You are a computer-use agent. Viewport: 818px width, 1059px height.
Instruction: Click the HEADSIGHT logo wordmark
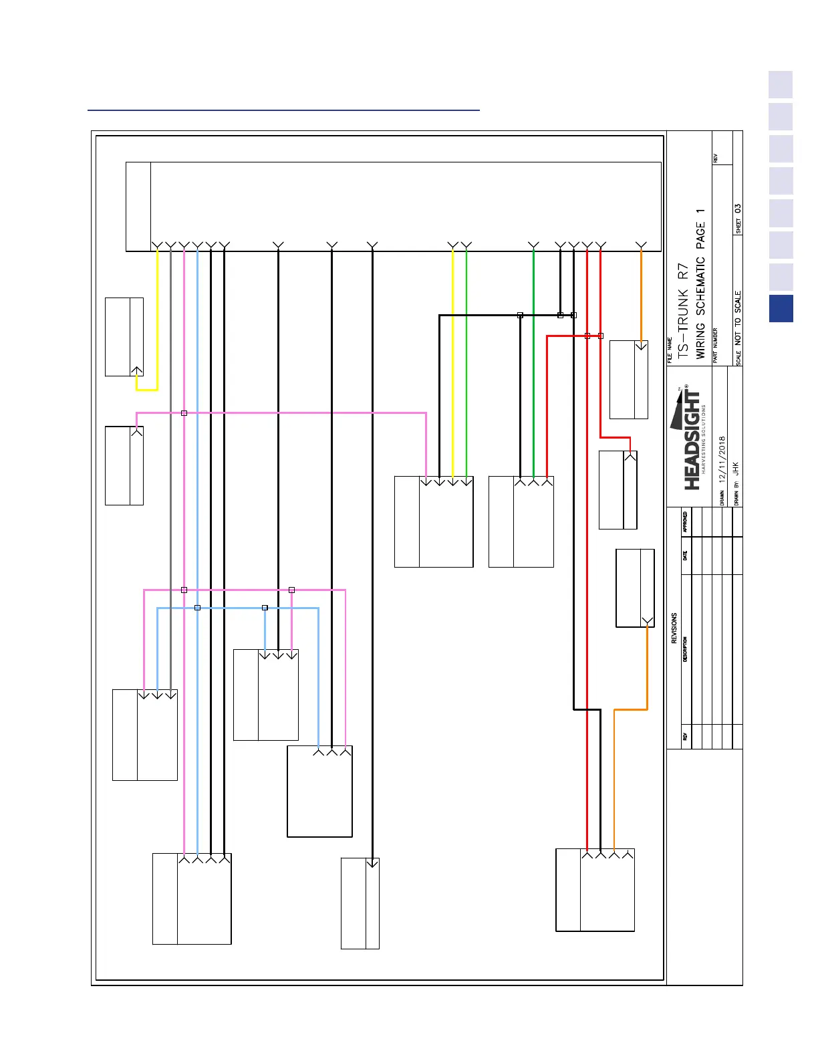pyautogui.click(x=692, y=441)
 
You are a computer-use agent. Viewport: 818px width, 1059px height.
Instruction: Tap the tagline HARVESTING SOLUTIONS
pyautogui.click(x=704, y=439)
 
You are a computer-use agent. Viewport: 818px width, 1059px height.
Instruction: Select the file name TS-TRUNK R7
pyautogui.click(x=682, y=312)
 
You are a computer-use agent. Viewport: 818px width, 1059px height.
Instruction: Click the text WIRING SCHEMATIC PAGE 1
pyautogui.click(x=700, y=283)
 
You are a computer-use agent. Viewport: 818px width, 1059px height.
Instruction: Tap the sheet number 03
pyautogui.click(x=738, y=209)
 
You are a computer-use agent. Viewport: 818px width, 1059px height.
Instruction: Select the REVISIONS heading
pyautogui.click(x=674, y=628)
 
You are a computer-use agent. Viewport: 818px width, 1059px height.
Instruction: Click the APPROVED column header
pyautogui.click(x=685, y=522)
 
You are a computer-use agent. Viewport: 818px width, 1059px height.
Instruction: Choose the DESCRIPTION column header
pyautogui.click(x=685, y=649)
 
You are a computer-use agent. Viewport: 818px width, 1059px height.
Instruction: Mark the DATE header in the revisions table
pyautogui.click(x=685, y=556)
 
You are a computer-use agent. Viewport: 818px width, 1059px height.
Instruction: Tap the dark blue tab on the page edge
pyautogui.click(x=781, y=309)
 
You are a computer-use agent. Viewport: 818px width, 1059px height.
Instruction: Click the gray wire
pyautogui.click(x=170, y=468)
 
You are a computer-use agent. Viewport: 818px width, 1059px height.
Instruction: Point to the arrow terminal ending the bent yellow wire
pyautogui.click(x=136, y=370)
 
